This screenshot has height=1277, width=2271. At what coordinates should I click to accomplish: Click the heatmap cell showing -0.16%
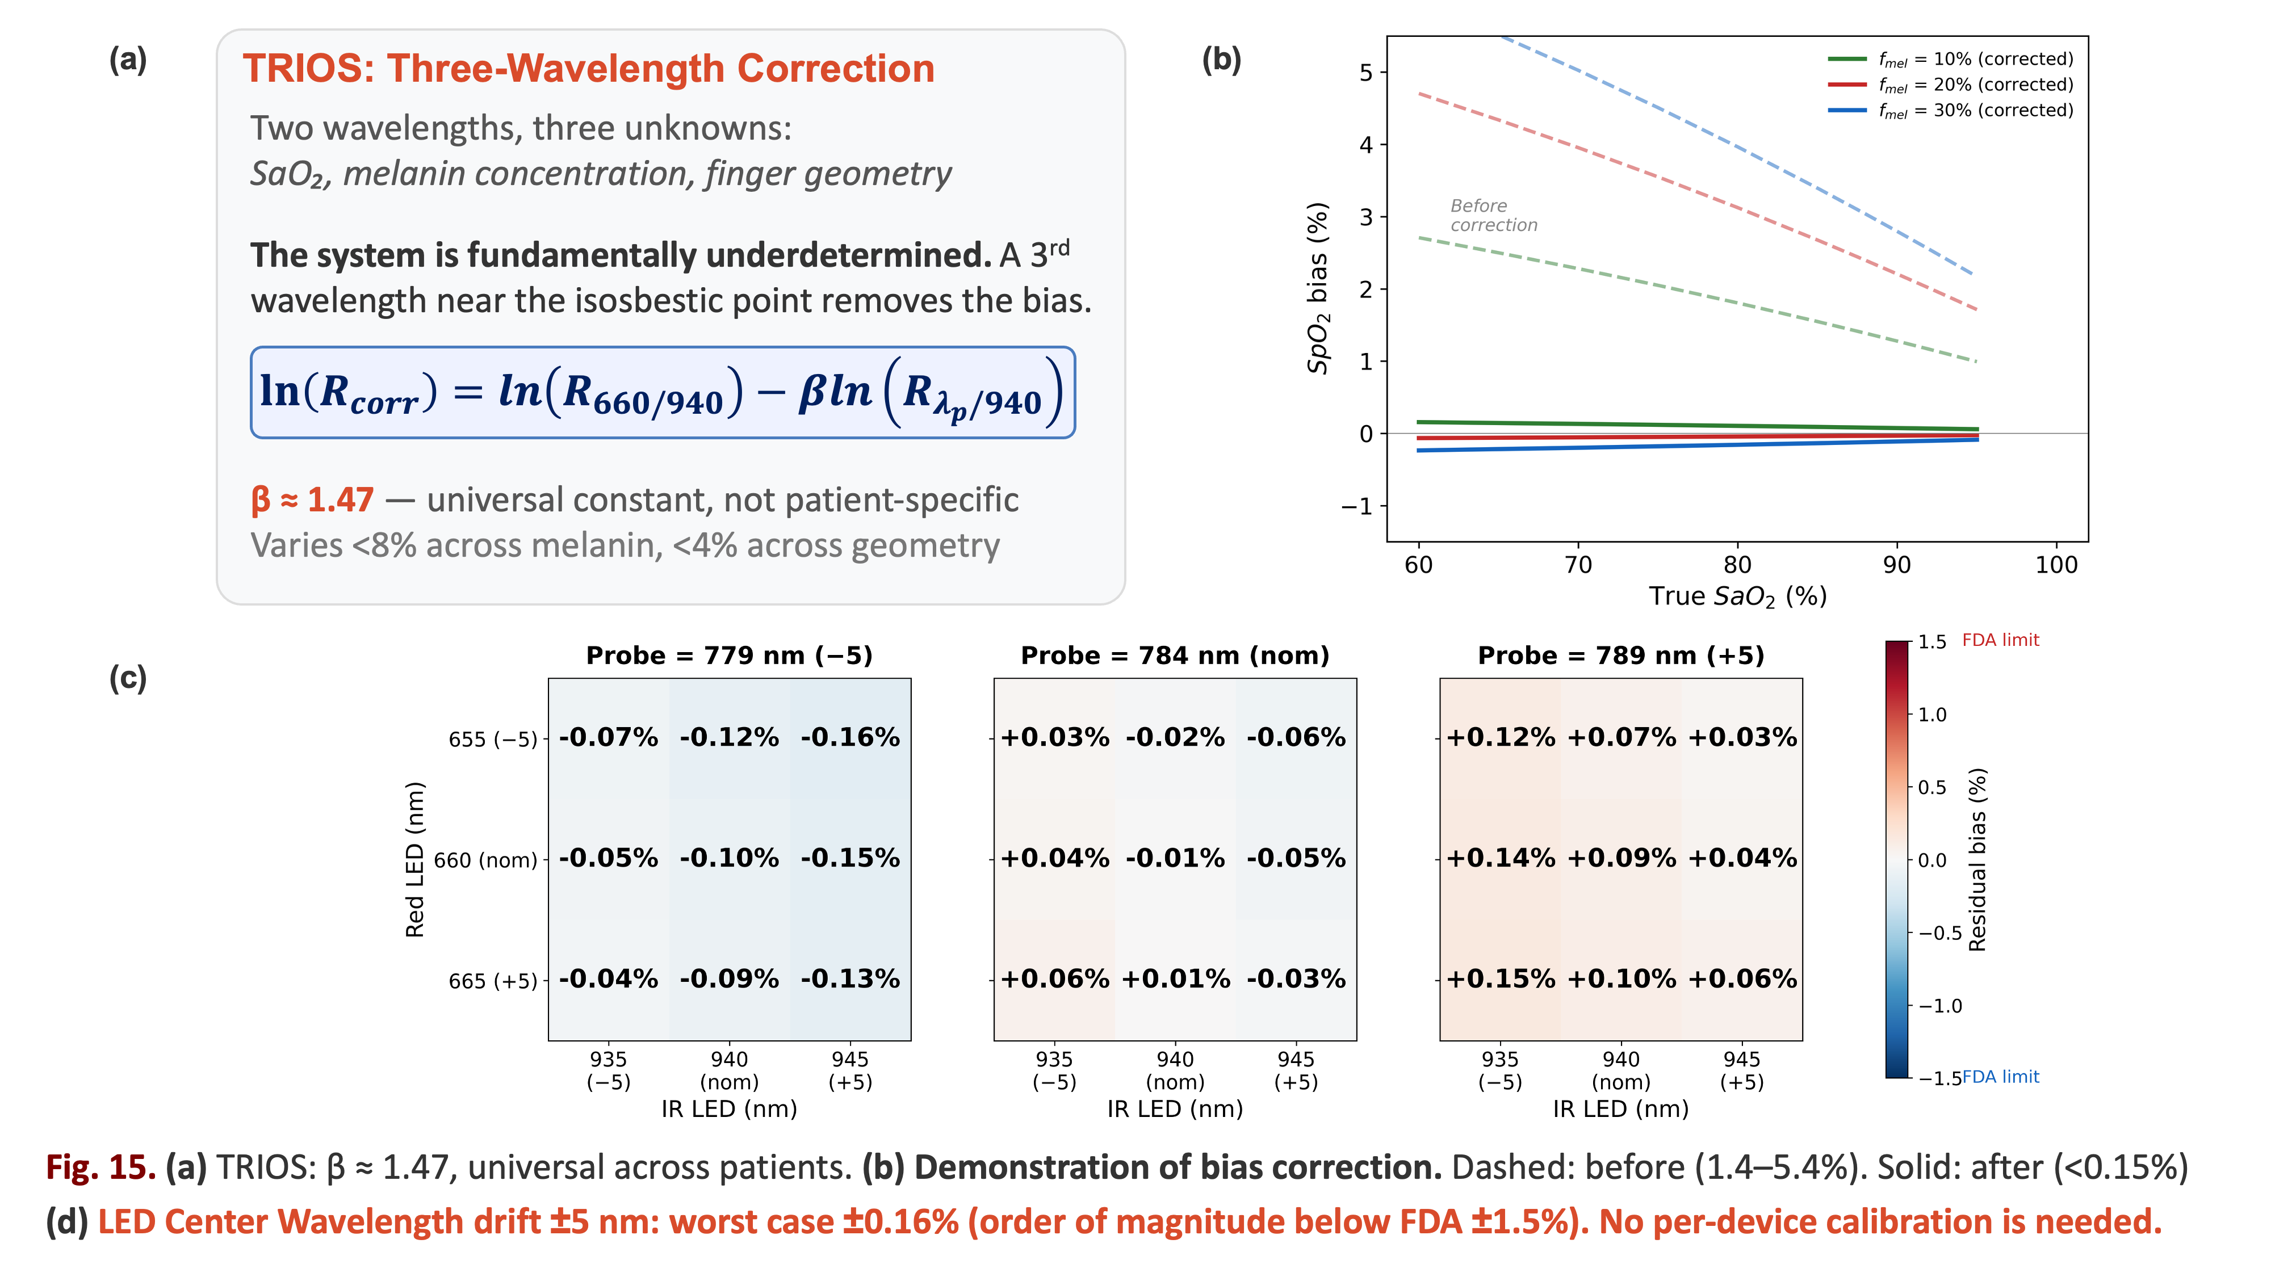point(850,738)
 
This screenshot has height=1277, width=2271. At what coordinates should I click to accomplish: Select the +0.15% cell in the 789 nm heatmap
point(1501,979)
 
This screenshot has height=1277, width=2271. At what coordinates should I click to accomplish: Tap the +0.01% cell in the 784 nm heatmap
point(1175,979)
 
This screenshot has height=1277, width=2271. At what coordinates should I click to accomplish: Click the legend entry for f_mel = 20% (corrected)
point(1950,85)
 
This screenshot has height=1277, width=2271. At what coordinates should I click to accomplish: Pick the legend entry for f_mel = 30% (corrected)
point(1950,110)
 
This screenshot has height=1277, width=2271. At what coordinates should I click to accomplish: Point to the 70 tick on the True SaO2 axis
point(1578,565)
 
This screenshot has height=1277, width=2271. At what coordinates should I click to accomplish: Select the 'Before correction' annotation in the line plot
point(1493,215)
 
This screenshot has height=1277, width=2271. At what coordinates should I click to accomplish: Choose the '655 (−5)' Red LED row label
point(493,740)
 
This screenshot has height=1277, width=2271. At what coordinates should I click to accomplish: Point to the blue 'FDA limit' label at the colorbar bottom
point(2000,1077)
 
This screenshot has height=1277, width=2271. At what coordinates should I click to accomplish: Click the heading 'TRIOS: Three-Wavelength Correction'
point(589,69)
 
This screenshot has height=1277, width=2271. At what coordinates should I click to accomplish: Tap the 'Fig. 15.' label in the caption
point(100,1167)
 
